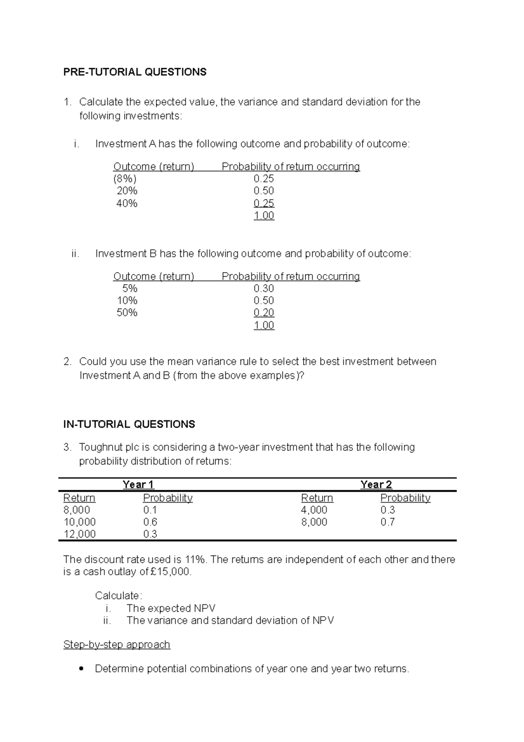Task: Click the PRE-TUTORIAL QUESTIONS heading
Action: pyautogui.click(x=134, y=72)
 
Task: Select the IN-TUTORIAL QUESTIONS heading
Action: pyautogui.click(x=129, y=424)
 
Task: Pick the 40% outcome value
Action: pyautogui.click(x=127, y=203)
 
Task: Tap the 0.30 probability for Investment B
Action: pyautogui.click(x=264, y=288)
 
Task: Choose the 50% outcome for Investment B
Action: pyautogui.click(x=127, y=313)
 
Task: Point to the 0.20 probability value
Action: pyautogui.click(x=264, y=313)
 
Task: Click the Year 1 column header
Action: pyautogui.click(x=138, y=485)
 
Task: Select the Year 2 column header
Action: pyautogui.click(x=376, y=485)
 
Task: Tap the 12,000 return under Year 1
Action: pyautogui.click(x=79, y=534)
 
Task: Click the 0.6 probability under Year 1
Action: pyautogui.click(x=150, y=522)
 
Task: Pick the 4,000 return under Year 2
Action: pyautogui.click(x=314, y=510)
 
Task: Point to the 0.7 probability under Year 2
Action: pyautogui.click(x=387, y=522)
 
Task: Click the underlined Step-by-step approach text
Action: pyautogui.click(x=117, y=645)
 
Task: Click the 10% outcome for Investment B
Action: pyautogui.click(x=127, y=301)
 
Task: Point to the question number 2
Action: pyautogui.click(x=67, y=362)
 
